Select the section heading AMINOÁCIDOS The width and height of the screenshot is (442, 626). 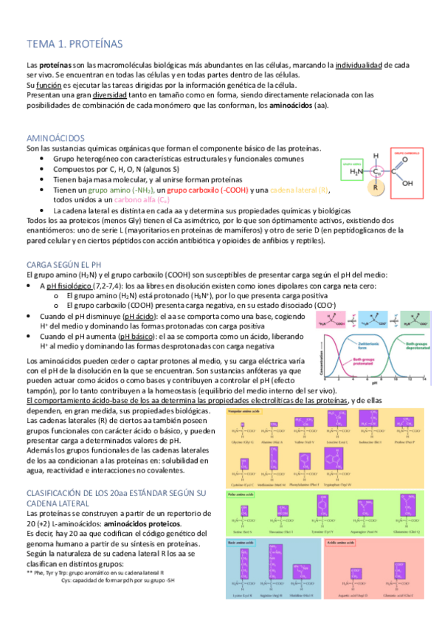pos(56,138)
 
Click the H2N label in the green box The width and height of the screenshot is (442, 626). pos(356,172)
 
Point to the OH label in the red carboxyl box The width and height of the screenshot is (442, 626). pos(407,183)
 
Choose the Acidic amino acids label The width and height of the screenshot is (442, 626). pos(348,542)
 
